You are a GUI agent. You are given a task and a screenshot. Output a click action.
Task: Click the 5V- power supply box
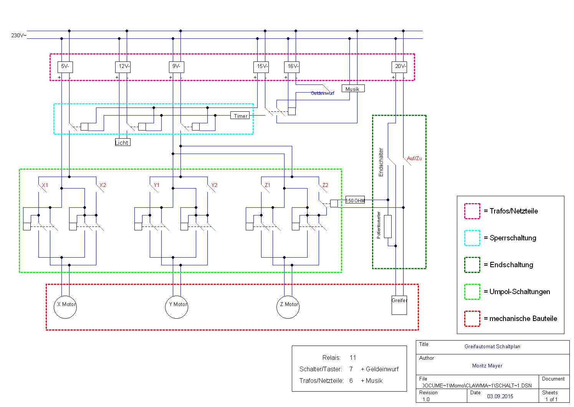pos(65,67)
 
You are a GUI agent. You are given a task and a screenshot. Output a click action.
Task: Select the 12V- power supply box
pos(123,67)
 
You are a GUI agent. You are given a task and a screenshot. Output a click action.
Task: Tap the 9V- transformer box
pos(177,67)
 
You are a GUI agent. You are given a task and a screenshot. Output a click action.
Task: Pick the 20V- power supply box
pos(399,67)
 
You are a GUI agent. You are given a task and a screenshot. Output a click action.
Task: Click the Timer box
pos(240,116)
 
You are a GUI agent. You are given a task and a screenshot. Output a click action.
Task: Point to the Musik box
pos(353,89)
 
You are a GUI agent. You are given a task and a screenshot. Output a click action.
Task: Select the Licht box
pos(122,142)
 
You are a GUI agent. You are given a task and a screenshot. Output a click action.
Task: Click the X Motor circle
pos(65,307)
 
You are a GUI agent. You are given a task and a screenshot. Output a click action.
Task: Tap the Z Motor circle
pos(288,307)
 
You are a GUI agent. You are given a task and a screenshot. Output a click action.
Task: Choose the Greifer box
pos(399,305)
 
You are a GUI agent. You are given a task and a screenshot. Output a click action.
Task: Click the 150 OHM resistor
pos(355,200)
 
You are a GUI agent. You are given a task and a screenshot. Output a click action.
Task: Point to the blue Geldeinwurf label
pos(323,93)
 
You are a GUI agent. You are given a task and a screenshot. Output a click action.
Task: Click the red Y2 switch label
pos(214,185)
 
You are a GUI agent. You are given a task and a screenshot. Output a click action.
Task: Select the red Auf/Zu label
pos(414,158)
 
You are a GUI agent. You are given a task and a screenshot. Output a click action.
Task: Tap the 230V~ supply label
pos(18,35)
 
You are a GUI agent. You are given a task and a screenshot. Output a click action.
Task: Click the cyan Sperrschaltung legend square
pos(472,238)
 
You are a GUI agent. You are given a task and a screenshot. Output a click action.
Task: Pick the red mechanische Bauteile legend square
pos(472,319)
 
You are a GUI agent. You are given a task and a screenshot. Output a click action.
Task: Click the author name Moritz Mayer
pos(487,366)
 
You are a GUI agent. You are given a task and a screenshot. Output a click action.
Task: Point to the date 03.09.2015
pos(500,396)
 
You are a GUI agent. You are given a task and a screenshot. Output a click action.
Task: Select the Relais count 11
pos(353,357)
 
